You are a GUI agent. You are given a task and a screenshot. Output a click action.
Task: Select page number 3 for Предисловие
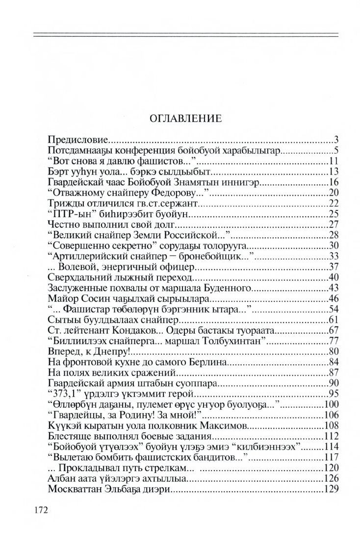click(x=337, y=139)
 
